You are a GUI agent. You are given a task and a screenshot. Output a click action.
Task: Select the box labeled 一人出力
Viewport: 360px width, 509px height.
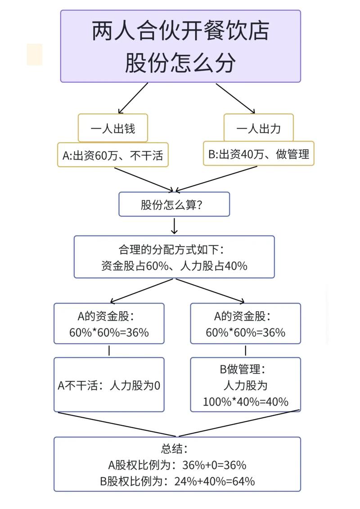pyautogui.click(x=258, y=128)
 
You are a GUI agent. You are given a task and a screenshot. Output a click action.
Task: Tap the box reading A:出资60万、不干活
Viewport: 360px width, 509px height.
pyautogui.click(x=112, y=156)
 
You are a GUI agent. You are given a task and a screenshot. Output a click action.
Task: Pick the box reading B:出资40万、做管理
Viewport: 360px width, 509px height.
pyautogui.click(x=258, y=154)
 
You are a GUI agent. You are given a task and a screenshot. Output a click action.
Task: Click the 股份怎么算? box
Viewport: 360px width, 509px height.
pyautogui.click(x=174, y=205)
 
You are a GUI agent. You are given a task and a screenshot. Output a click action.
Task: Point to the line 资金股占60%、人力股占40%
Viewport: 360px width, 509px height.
pyautogui.click(x=174, y=266)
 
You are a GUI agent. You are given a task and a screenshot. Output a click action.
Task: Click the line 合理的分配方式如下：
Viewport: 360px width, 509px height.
pyautogui.click(x=174, y=249)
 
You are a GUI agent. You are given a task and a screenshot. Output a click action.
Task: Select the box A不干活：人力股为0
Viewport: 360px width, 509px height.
pyautogui.click(x=109, y=385)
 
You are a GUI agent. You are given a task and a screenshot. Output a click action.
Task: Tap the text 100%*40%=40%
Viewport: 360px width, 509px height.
pyautogui.click(x=245, y=402)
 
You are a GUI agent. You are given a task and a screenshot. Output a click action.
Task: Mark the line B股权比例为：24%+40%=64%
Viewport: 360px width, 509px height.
pyautogui.click(x=177, y=481)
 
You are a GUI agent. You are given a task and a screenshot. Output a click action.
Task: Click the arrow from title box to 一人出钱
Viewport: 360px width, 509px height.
pyautogui.click(x=133, y=98)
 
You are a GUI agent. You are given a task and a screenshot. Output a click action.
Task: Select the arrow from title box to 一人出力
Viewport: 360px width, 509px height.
pyautogui.click(x=235, y=98)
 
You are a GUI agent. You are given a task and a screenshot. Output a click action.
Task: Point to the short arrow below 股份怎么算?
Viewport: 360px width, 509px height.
pyautogui.click(x=174, y=226)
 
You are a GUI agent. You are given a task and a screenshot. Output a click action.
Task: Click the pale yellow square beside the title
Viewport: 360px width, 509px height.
pyautogui.click(x=35, y=54)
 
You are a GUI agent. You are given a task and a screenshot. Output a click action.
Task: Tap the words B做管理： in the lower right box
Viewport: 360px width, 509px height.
pyautogui.click(x=245, y=369)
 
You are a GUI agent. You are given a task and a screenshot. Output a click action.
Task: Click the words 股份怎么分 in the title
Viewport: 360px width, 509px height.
pyautogui.click(x=180, y=63)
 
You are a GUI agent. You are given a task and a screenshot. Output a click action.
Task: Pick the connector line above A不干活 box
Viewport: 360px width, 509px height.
pyautogui.click(x=109, y=351)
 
